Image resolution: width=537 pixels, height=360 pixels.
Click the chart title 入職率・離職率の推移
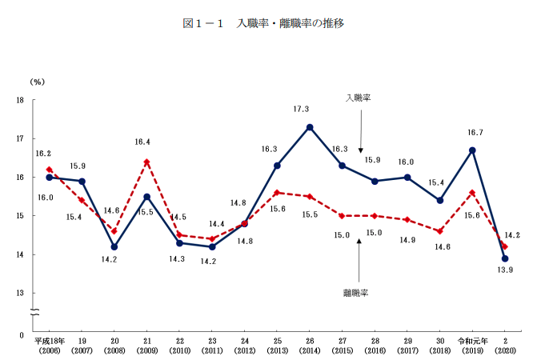291,24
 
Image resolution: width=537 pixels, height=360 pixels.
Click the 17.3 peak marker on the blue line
310,127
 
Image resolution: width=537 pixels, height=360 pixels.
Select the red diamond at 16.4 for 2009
146,162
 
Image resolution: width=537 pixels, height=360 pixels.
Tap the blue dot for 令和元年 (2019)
473,150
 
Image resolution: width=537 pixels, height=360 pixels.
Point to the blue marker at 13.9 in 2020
505,258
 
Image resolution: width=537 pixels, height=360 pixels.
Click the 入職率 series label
359,98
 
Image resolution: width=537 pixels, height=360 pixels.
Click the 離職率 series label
355,294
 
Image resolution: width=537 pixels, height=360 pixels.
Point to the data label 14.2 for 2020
513,234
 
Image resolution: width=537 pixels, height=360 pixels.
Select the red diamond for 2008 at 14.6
114,231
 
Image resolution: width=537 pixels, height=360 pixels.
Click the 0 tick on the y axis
22,334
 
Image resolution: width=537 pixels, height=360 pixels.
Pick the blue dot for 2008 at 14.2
114,246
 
